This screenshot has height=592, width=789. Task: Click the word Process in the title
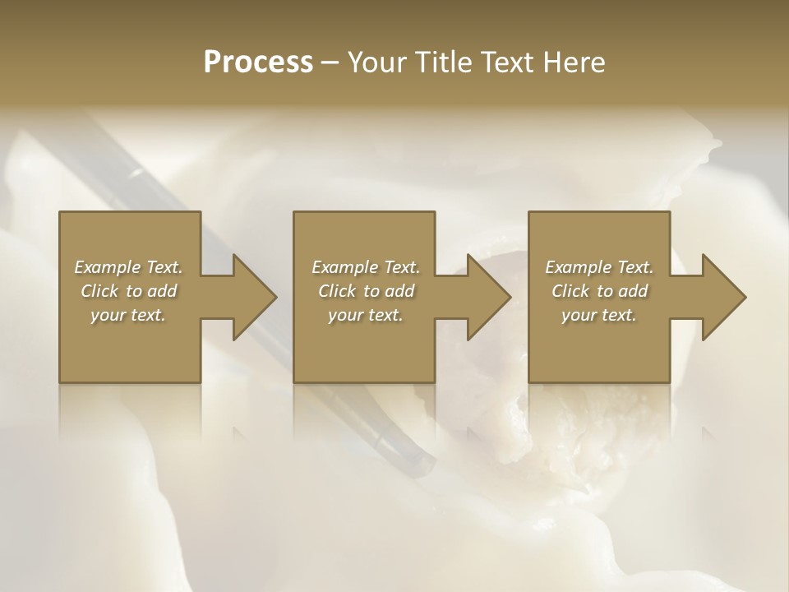[258, 62]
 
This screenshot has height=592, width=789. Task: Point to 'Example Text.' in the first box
[128, 267]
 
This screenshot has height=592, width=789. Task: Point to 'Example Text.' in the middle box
[366, 267]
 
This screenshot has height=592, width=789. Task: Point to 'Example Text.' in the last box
[599, 267]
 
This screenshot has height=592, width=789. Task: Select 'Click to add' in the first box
[128, 291]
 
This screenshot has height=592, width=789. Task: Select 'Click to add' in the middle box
[366, 291]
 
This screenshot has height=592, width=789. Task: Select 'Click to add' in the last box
[599, 291]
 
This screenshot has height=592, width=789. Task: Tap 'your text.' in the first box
[128, 315]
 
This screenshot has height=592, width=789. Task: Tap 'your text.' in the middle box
[366, 315]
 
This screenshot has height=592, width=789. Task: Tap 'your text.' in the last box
[599, 315]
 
